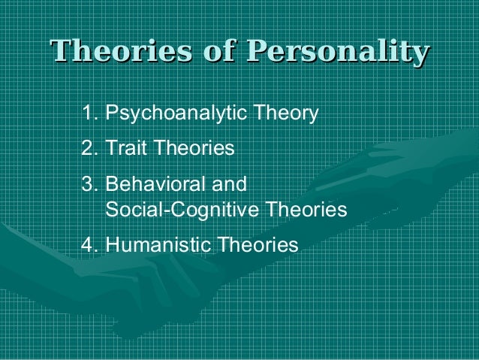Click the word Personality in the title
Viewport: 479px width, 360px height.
338,53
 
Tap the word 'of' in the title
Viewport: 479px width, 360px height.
224,53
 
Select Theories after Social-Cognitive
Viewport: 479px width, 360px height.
309,210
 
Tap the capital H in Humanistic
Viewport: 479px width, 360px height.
112,245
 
